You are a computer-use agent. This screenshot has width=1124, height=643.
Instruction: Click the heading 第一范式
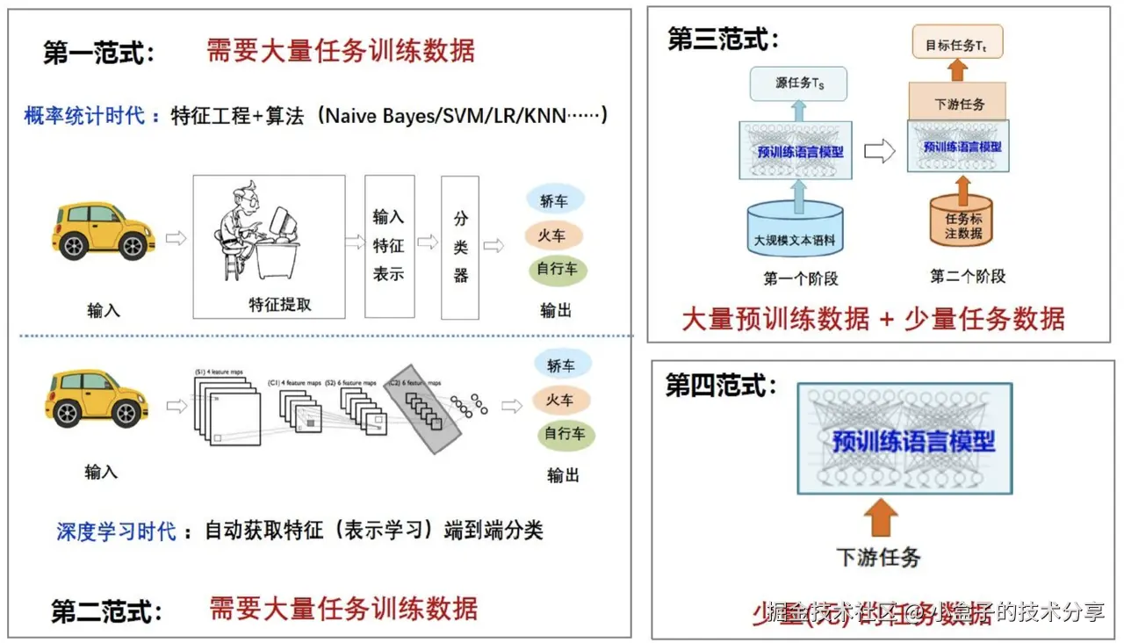[x=99, y=53]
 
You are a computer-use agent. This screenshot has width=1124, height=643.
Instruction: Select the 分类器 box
[x=460, y=247]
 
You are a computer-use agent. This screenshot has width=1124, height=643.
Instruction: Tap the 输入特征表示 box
[x=389, y=246]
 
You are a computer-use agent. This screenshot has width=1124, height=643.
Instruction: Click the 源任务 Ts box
[x=799, y=83]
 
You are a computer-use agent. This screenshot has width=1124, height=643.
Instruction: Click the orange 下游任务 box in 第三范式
[x=959, y=104]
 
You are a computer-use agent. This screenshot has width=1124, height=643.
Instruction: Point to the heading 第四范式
[x=721, y=387]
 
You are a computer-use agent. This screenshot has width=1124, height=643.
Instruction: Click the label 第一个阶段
[x=800, y=279]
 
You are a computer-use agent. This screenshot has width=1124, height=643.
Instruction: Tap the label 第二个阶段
[x=968, y=277]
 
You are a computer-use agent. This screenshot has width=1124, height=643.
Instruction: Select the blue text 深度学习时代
[x=116, y=531]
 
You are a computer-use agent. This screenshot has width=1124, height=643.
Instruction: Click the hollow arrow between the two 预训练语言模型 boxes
[x=879, y=151]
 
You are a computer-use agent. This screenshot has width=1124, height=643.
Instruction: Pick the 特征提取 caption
[x=280, y=305]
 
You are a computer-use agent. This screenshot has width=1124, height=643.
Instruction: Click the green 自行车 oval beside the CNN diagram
[x=565, y=434]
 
